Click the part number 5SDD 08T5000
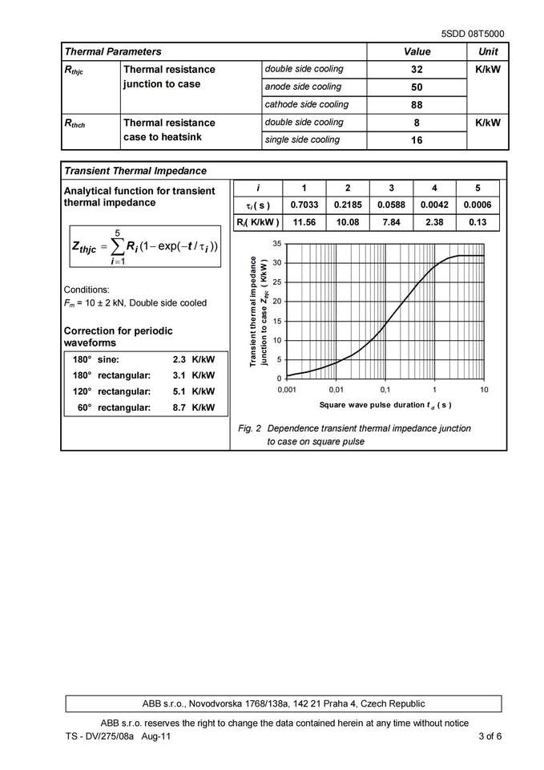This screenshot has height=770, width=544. tap(473, 34)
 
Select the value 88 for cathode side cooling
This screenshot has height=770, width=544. tap(417, 105)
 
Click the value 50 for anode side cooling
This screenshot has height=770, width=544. tap(417, 87)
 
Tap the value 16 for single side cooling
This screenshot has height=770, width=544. tap(417, 140)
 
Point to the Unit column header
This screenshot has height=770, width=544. tap(488, 51)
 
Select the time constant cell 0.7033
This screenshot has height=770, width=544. tap(304, 205)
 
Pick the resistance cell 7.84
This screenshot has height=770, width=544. tap(391, 221)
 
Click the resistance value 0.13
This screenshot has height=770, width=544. tap(478, 221)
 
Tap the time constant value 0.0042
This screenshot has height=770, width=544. tap(434, 205)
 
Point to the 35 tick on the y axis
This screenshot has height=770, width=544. tap(276, 243)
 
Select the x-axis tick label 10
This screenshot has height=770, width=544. tap(483, 389)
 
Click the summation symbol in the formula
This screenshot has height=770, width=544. tap(117, 246)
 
